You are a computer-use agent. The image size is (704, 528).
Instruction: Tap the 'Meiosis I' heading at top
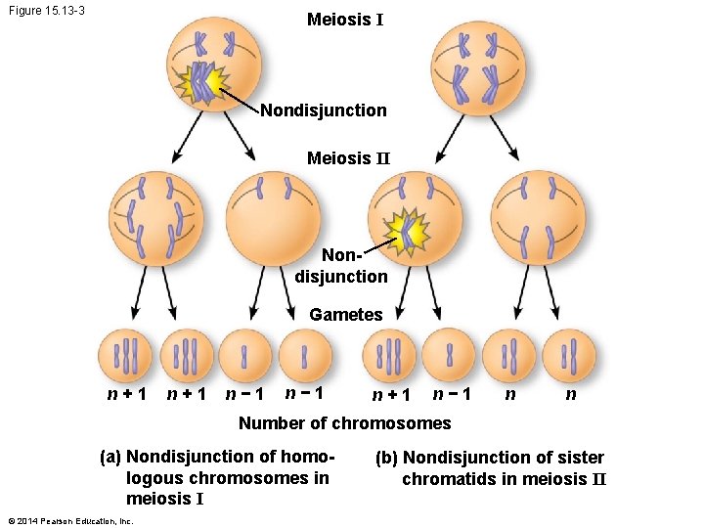[344, 20]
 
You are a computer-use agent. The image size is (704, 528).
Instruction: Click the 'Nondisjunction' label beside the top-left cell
[323, 110]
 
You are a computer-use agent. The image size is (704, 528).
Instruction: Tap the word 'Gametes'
[346, 315]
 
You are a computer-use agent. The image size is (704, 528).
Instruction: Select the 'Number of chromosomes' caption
[344, 423]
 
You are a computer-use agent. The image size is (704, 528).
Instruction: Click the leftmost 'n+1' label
[127, 395]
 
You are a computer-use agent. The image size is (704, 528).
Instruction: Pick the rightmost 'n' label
[571, 394]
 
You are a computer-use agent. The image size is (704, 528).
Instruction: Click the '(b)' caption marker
[386, 458]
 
